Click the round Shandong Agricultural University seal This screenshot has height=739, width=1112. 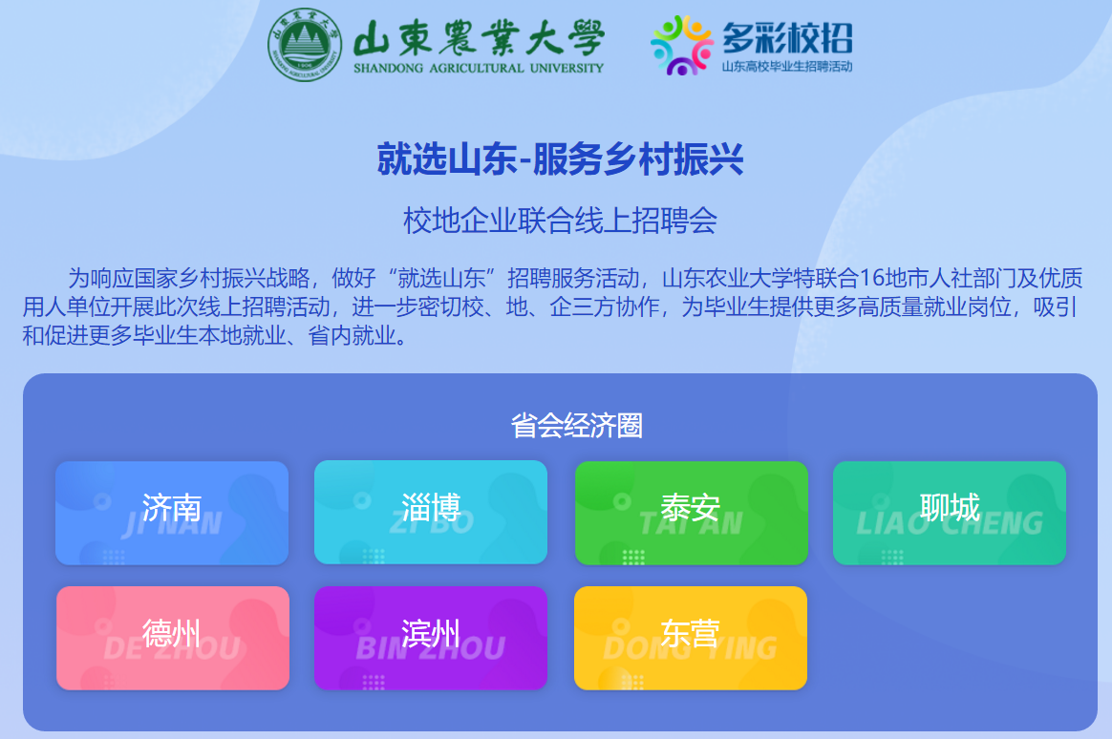point(304,44)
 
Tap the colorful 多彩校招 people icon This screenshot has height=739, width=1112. point(682,45)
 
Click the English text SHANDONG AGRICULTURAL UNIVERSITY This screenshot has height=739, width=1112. point(479,68)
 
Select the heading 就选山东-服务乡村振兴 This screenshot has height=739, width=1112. point(560,158)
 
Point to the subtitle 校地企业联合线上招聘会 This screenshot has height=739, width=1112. point(560,221)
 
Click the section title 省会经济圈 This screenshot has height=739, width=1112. point(577,425)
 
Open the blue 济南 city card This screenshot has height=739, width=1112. point(172,513)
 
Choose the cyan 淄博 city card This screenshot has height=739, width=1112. point(431,513)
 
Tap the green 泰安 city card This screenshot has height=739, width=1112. point(692,513)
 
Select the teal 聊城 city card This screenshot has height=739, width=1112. point(950,513)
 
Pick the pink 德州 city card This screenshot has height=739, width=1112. point(172,638)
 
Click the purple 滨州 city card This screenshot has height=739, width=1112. point(431,638)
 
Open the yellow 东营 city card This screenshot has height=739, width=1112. point(691,638)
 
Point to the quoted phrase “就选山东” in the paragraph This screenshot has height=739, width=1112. point(441,278)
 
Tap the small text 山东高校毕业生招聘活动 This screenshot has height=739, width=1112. point(787,67)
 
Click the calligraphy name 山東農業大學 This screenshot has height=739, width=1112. point(479,37)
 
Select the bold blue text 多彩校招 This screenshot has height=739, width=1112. point(787,38)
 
